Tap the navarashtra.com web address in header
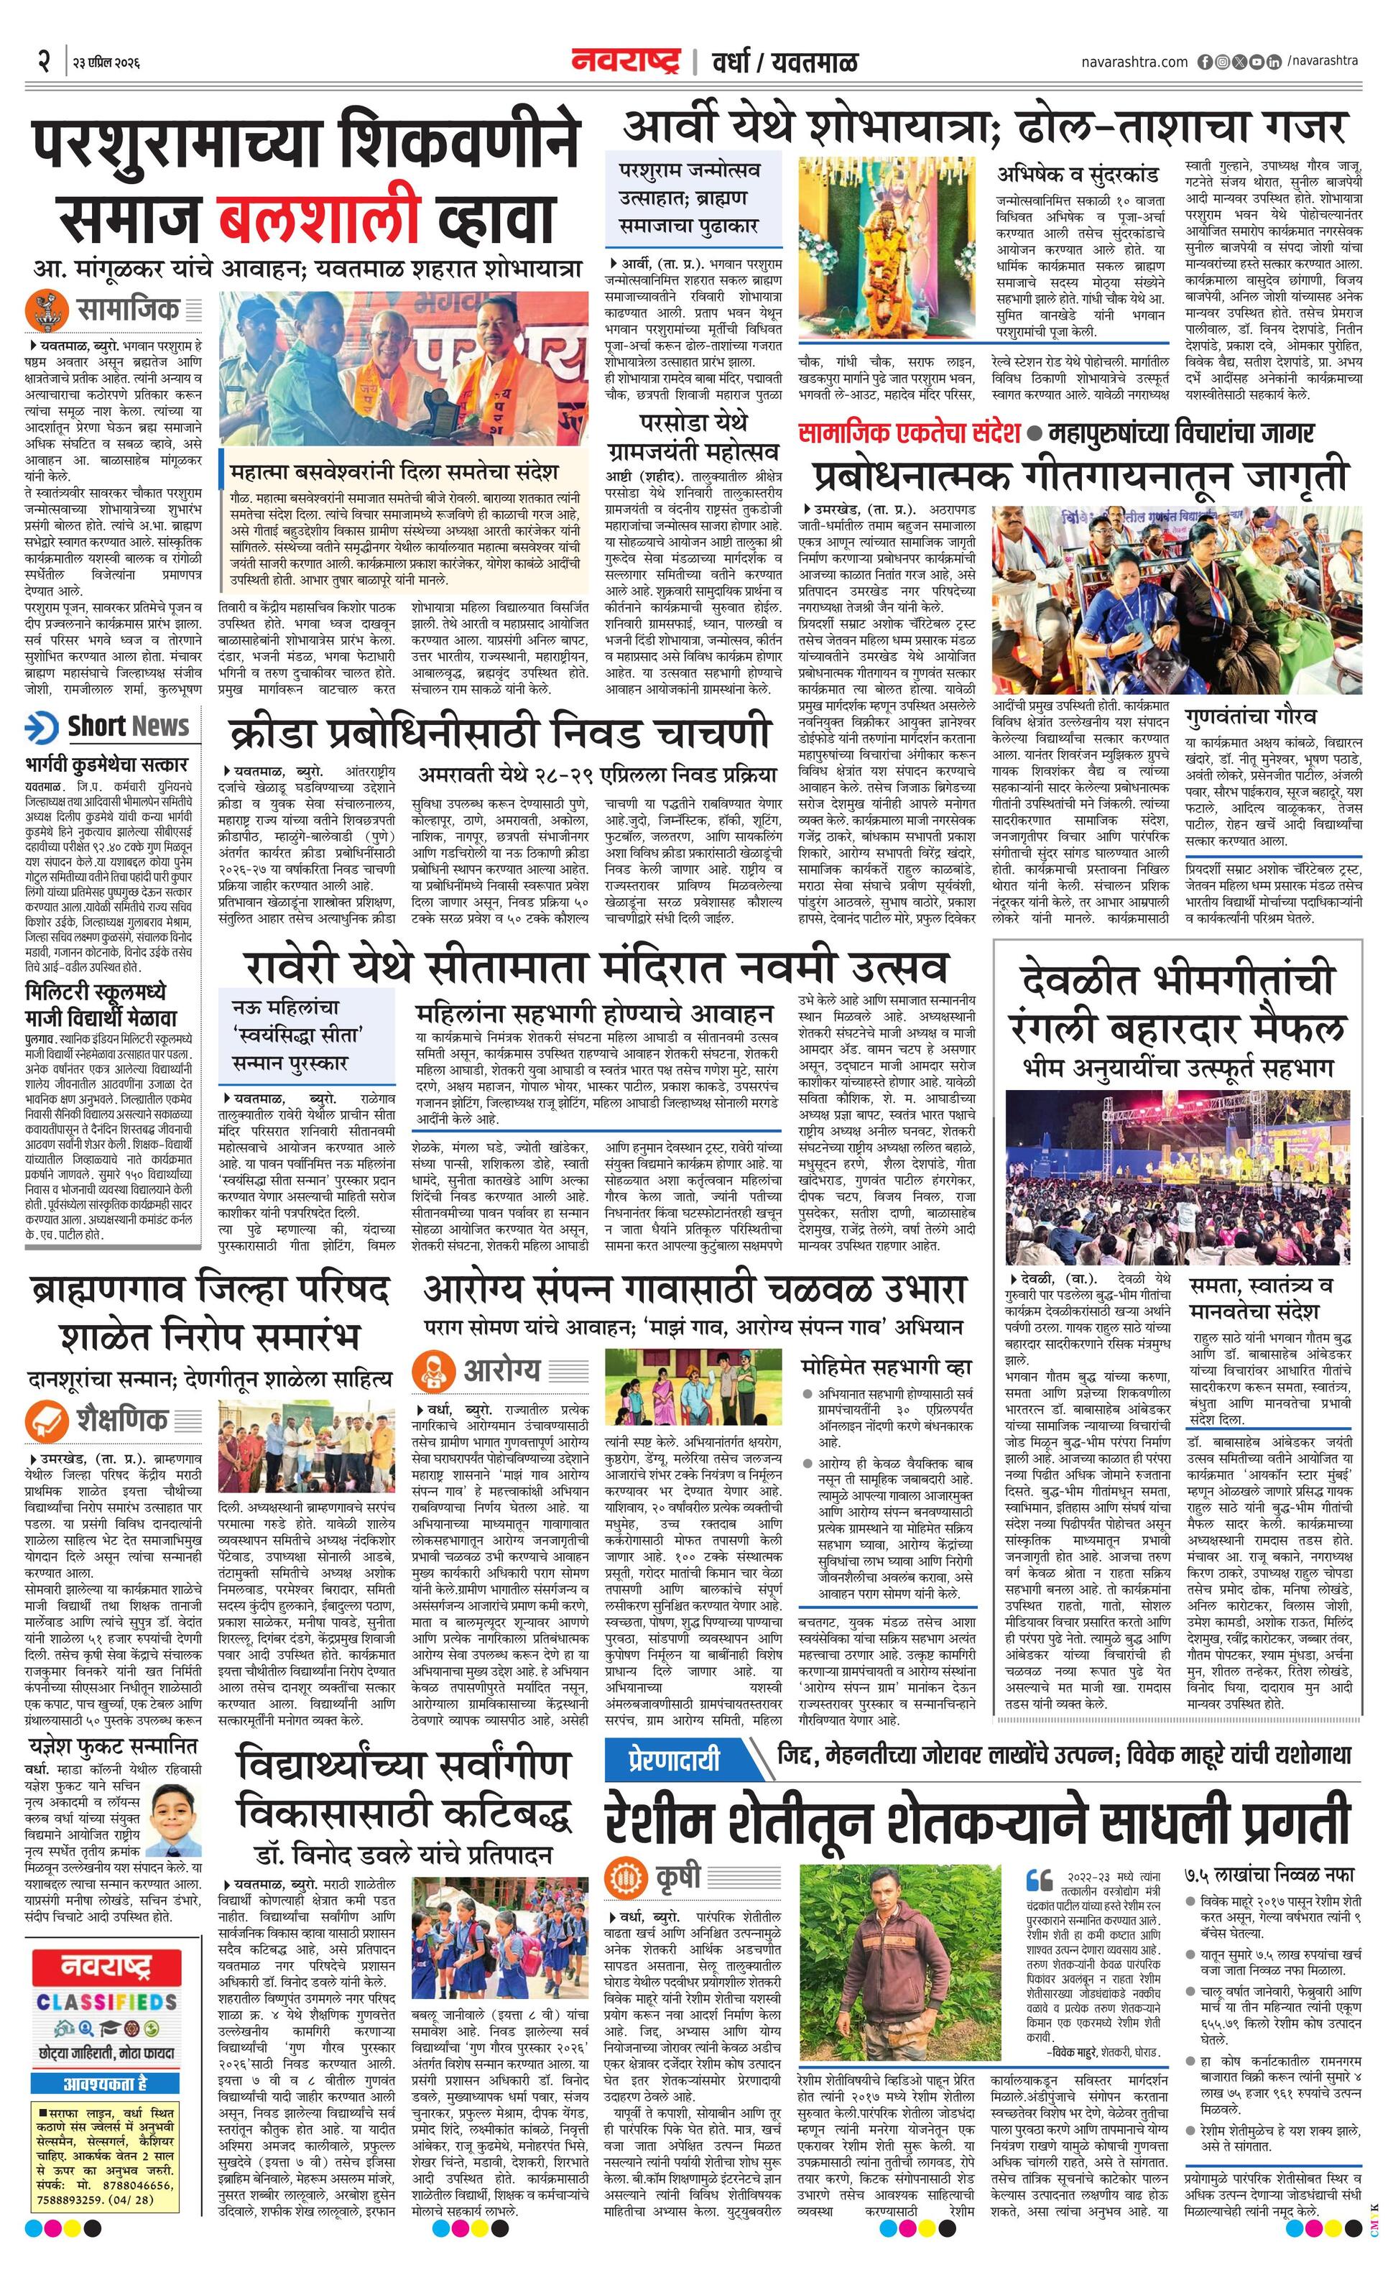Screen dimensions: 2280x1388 pyautogui.click(x=1134, y=62)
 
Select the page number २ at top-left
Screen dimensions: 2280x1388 pyautogui.click(x=42, y=62)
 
